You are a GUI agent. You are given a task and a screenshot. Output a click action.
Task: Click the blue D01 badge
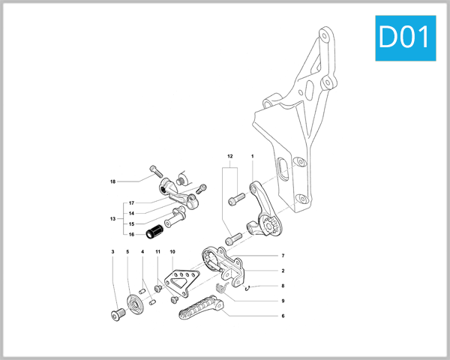[405, 35]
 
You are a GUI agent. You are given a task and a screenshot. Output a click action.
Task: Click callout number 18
[112, 181]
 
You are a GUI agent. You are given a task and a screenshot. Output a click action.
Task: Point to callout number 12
[230, 156]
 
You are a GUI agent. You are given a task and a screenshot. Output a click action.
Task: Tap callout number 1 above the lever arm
[253, 156]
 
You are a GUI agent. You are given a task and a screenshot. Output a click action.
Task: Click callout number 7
[283, 256]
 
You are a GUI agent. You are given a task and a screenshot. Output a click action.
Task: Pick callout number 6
[283, 316]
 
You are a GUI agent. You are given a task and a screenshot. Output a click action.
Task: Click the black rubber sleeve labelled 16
[154, 228]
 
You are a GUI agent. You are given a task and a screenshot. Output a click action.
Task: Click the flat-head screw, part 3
[115, 313]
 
